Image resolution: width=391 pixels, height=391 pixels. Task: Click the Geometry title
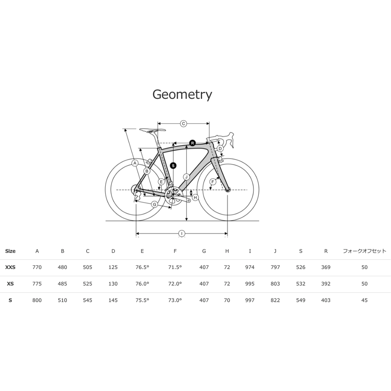(182, 95)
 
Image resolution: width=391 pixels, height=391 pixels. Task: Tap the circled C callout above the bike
(183, 124)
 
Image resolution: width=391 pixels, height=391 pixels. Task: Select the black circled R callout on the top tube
(192, 143)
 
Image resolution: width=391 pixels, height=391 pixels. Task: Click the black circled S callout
(173, 165)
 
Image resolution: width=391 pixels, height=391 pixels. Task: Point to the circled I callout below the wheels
(182, 234)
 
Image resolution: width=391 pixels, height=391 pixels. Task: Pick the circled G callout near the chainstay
(154, 204)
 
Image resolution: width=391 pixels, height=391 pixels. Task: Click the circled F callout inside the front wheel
(213, 182)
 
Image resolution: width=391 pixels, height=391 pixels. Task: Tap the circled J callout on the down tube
(187, 177)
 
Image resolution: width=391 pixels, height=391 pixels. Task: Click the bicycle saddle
(152, 130)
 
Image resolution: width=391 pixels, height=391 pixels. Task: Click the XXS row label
(10, 267)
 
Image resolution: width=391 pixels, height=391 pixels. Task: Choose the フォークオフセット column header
(364, 251)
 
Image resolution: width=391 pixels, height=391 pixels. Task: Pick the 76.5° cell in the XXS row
(142, 267)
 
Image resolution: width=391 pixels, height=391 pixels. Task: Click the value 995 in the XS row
(250, 284)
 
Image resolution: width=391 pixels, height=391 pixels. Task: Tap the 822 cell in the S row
(275, 300)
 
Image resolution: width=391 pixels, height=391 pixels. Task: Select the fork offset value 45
(364, 300)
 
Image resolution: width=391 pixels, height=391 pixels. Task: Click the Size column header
(10, 251)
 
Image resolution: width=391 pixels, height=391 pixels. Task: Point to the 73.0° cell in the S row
(175, 300)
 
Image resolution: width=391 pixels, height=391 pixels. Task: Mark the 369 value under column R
(326, 267)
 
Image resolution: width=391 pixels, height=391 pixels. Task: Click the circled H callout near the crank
(195, 197)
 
